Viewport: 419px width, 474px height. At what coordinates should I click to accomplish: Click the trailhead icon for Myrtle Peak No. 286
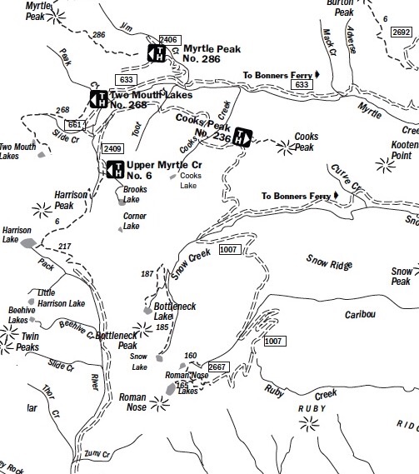click(157, 53)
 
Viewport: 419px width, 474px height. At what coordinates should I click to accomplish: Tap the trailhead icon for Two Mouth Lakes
click(98, 100)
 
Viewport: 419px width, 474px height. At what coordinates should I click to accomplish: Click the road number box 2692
click(401, 32)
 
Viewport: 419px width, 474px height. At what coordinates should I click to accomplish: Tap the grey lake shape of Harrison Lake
click(28, 243)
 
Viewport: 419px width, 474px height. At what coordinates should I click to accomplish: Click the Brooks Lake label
click(135, 194)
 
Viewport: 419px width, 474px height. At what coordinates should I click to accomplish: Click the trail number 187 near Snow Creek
click(148, 274)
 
